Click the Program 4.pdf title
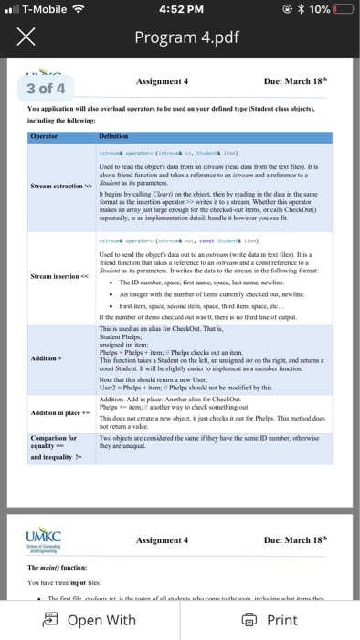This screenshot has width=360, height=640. pyautogui.click(x=179, y=38)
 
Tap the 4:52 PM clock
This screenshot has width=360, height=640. pyautogui.click(x=179, y=9)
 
